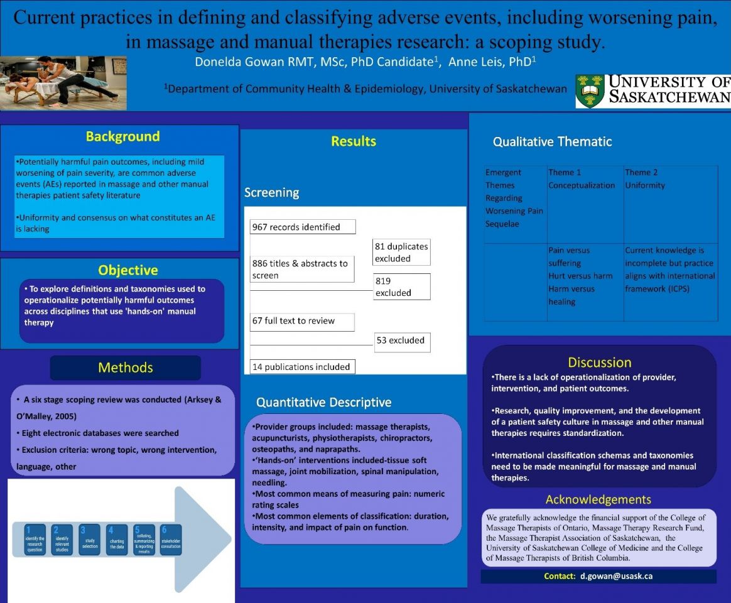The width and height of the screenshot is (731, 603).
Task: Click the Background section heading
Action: point(122,137)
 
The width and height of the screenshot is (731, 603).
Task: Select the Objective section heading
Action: point(128,270)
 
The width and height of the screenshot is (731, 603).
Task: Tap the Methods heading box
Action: point(126,367)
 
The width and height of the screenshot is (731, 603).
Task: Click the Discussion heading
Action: point(599,362)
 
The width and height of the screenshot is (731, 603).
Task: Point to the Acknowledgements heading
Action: point(598,499)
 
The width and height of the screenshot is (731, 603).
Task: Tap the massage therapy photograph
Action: point(63,83)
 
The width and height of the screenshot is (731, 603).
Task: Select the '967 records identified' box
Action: point(303,227)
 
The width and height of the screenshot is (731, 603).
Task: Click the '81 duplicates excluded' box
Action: point(402,253)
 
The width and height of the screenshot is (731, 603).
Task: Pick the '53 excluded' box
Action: point(402,341)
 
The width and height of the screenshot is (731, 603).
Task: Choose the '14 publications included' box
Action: point(302,367)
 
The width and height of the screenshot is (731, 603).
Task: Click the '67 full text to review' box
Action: point(302,322)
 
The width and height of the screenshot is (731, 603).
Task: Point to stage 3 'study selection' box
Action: point(90,540)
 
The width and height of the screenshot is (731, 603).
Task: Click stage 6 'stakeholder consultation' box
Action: point(171,540)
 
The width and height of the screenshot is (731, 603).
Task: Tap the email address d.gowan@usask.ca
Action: point(616,576)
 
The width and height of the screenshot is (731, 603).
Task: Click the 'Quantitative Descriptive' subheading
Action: point(323,402)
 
